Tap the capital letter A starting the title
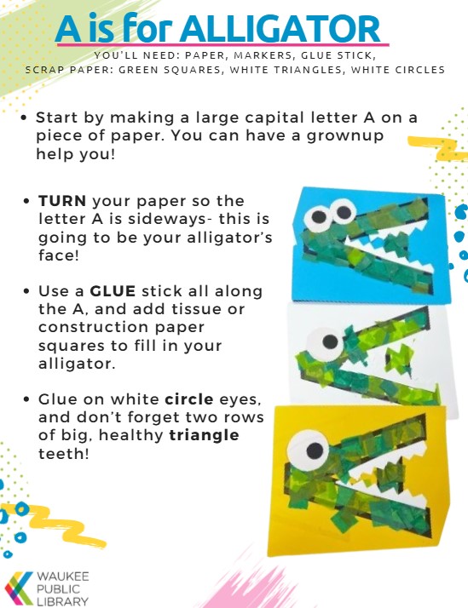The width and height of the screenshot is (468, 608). pyautogui.click(x=69, y=30)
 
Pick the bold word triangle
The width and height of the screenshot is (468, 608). pyautogui.click(x=205, y=435)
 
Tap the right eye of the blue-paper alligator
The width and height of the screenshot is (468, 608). pyautogui.click(x=342, y=208)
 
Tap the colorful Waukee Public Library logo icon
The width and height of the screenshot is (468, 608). pyautogui.click(x=19, y=588)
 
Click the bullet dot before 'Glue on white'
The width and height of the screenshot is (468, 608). pyautogui.click(x=29, y=399)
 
